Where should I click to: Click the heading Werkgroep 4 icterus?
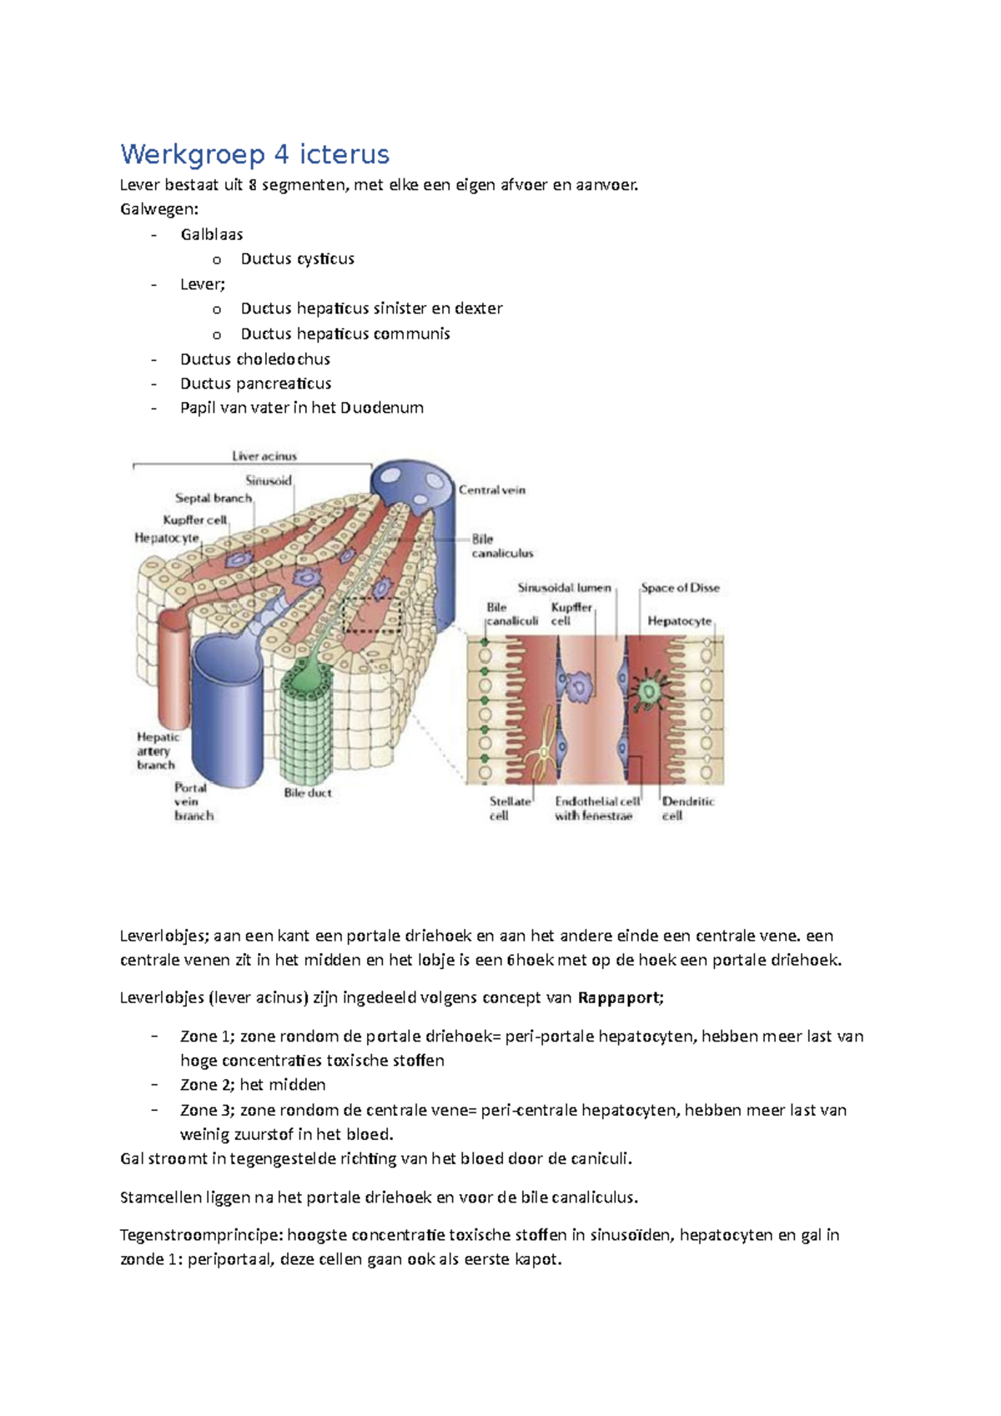click(254, 154)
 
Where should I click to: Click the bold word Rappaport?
click(619, 997)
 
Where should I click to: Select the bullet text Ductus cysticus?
click(297, 259)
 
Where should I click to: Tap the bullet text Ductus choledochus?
click(254, 359)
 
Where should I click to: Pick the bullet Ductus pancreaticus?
click(255, 384)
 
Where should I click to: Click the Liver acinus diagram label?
click(264, 456)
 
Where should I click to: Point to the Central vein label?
click(492, 490)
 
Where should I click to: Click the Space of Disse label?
click(680, 588)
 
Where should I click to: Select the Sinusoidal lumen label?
click(564, 588)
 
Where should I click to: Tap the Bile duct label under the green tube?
click(307, 793)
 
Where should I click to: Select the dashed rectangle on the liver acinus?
click(372, 615)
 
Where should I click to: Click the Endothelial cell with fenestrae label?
click(596, 808)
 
